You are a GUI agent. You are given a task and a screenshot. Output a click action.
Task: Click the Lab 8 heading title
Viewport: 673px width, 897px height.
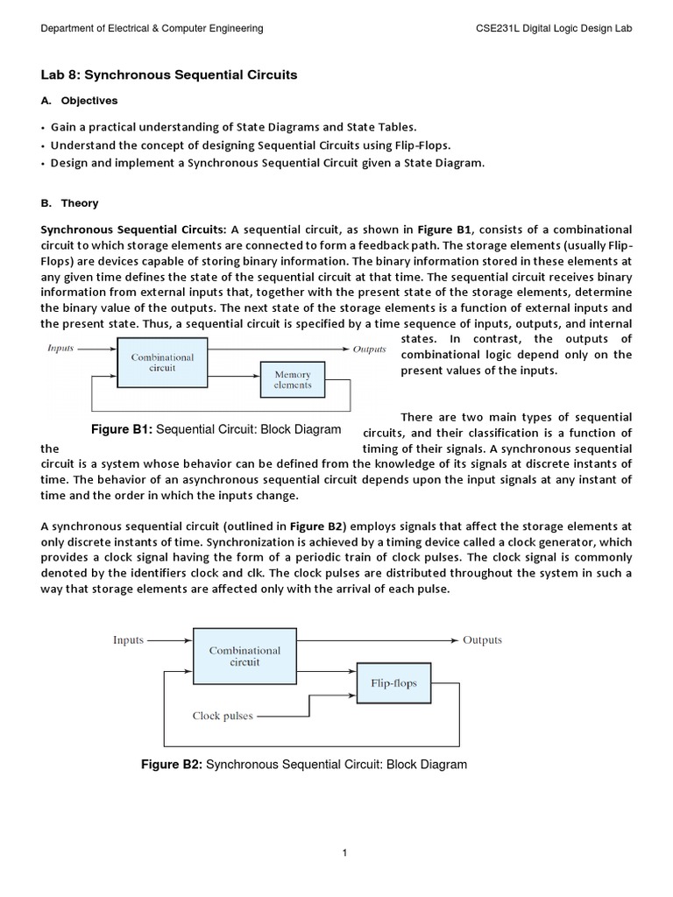[x=169, y=75]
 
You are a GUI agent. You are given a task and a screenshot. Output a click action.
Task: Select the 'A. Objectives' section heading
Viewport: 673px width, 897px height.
[x=79, y=102]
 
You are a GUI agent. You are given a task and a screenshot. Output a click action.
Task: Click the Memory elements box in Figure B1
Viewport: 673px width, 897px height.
[x=293, y=379]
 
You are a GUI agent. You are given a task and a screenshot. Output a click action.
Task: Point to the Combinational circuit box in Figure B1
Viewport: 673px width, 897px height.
[x=162, y=363]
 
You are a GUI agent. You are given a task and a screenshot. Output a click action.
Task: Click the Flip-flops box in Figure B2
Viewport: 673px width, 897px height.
[x=393, y=683]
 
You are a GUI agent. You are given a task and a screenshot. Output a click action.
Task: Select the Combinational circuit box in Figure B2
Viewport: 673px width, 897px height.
[x=244, y=656]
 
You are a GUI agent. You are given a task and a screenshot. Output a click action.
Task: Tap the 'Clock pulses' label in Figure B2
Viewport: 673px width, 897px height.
[x=223, y=716]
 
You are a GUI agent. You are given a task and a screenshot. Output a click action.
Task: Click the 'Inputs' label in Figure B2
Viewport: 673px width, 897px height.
[x=128, y=640]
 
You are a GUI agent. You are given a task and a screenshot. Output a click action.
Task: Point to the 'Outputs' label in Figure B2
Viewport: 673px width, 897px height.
[x=482, y=640]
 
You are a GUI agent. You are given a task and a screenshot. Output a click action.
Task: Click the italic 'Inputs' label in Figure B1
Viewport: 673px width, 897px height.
[x=60, y=349]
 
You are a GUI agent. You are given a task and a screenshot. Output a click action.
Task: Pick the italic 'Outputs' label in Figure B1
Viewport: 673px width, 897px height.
[x=369, y=349]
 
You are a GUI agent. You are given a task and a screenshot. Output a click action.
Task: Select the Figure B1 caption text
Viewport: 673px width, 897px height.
[x=216, y=429]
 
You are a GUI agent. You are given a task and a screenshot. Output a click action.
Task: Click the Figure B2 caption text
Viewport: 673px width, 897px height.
[x=304, y=765]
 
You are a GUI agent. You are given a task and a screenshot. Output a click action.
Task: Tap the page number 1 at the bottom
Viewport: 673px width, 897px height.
[x=345, y=853]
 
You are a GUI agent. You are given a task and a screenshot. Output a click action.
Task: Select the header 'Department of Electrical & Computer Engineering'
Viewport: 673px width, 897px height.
[x=152, y=29]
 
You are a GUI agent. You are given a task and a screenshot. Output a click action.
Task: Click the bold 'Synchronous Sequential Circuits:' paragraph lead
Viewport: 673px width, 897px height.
[x=134, y=229]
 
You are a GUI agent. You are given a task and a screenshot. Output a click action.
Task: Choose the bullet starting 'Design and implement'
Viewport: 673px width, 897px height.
[x=266, y=164]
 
